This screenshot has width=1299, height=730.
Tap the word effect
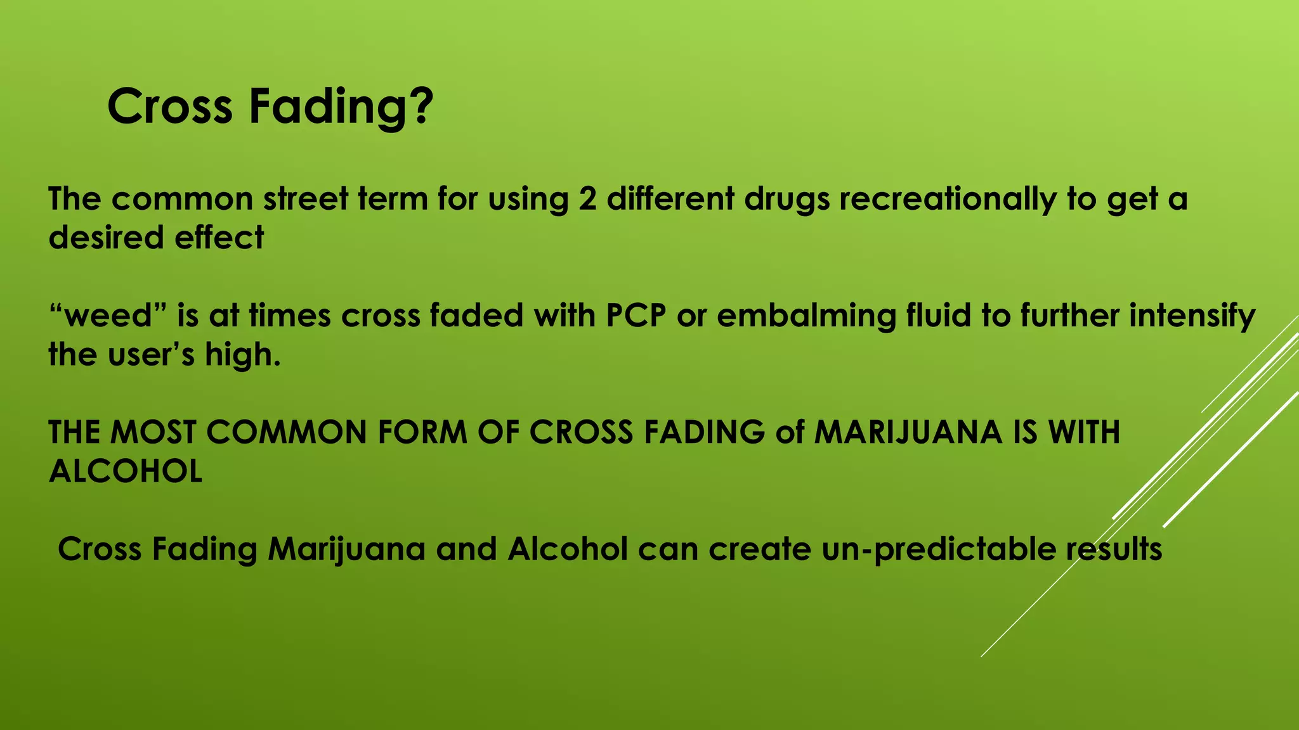click(x=219, y=238)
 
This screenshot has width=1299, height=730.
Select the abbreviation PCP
click(x=635, y=316)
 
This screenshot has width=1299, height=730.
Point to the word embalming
click(x=806, y=316)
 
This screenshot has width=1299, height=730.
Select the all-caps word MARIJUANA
click(x=908, y=432)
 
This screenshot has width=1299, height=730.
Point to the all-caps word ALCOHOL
click(x=126, y=471)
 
